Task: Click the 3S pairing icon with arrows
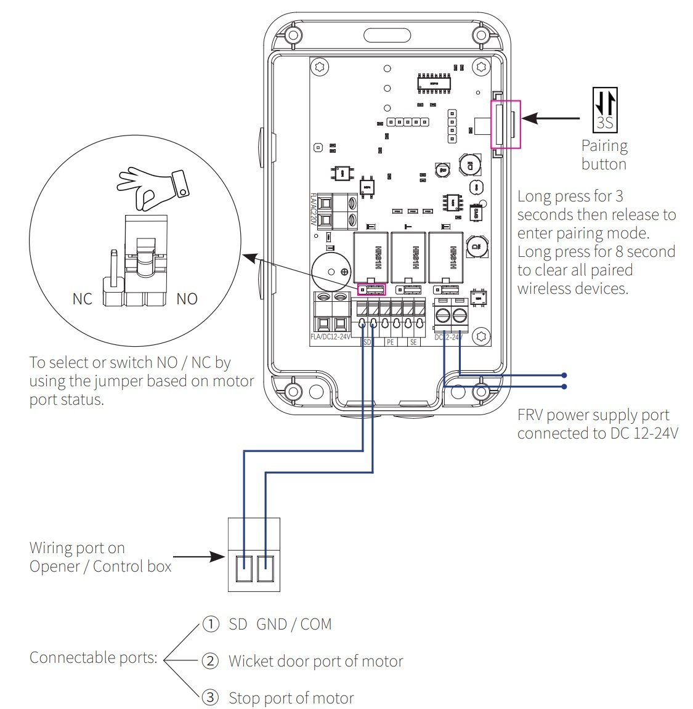click(x=604, y=110)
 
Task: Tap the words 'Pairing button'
click(x=604, y=155)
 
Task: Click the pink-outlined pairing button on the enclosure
click(x=505, y=124)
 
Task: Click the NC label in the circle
click(x=82, y=299)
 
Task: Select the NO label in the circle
click(x=187, y=299)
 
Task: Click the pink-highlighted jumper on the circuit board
click(x=371, y=289)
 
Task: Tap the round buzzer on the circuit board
click(x=331, y=272)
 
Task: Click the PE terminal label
click(x=391, y=342)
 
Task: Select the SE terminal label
click(x=413, y=342)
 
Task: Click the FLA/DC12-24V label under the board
click(x=330, y=338)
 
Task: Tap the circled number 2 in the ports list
click(x=211, y=661)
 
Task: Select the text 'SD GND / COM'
click(x=280, y=625)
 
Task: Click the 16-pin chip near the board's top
click(x=435, y=82)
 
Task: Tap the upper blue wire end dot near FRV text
click(x=564, y=375)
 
